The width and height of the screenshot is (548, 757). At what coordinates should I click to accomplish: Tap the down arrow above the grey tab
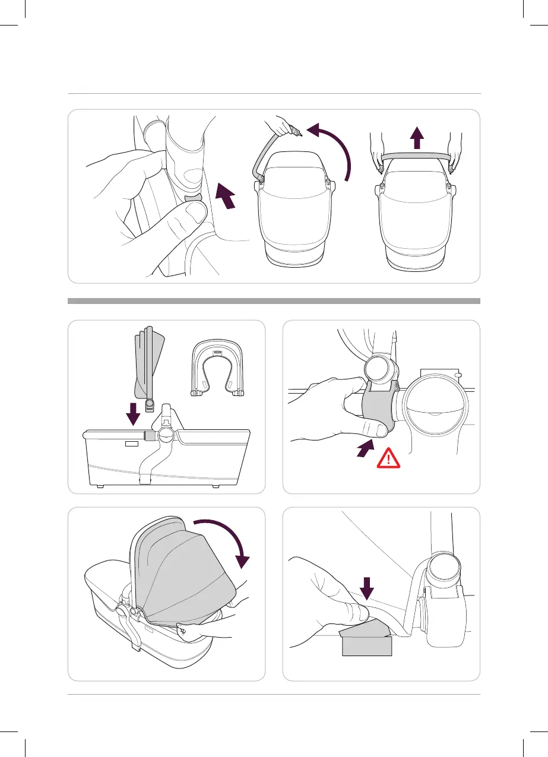tap(367, 588)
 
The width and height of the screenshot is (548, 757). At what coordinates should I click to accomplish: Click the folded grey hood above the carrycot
tap(148, 365)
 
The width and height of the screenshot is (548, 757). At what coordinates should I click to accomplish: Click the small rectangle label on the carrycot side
tap(132, 443)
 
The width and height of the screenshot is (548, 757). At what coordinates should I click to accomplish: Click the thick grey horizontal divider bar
tap(274, 301)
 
